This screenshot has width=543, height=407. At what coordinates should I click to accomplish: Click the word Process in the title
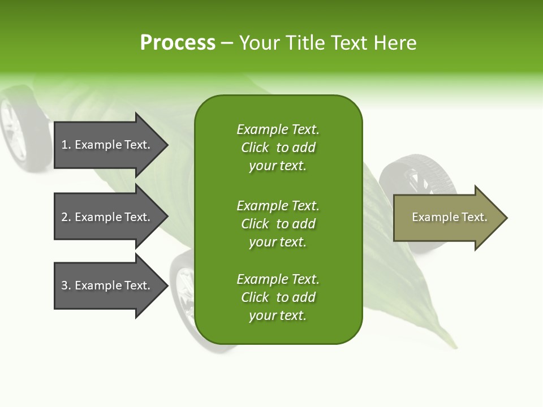[x=178, y=42]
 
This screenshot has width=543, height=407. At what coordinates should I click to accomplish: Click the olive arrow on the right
[x=447, y=217]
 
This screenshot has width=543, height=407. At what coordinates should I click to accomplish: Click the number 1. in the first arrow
[x=66, y=145]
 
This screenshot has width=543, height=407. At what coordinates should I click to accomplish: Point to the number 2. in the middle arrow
[x=66, y=217]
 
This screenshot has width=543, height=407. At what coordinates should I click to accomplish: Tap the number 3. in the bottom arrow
[x=66, y=285]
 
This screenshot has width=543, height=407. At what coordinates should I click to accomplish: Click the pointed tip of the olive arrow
[x=505, y=218]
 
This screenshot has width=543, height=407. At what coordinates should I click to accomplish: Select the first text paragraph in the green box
[x=278, y=148]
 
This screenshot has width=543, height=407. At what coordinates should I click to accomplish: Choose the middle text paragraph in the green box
[x=278, y=223]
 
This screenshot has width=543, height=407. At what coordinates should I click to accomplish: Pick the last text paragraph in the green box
[x=278, y=297]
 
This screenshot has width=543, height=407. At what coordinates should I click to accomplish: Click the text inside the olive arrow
[x=449, y=217]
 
